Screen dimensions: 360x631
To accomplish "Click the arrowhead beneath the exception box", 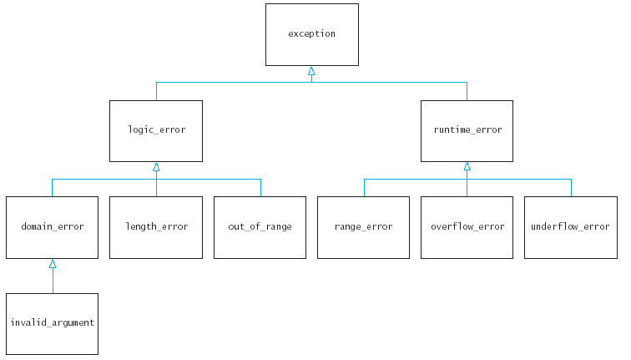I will coord(311,71).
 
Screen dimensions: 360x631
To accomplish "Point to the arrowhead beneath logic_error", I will coord(156,167).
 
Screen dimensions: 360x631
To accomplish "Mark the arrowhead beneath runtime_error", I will coord(467,167).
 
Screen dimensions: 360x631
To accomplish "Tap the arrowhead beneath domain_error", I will coord(52,264).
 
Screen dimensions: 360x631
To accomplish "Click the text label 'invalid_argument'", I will coord(52,323).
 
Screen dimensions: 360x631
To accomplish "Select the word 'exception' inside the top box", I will coord(311,34).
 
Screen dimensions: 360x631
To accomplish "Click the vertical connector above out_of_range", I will coord(260,188).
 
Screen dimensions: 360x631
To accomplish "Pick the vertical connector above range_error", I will coord(364,188).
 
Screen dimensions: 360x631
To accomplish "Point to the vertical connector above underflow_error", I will coord(571,188).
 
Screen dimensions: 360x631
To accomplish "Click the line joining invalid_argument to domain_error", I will coord(52,281).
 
